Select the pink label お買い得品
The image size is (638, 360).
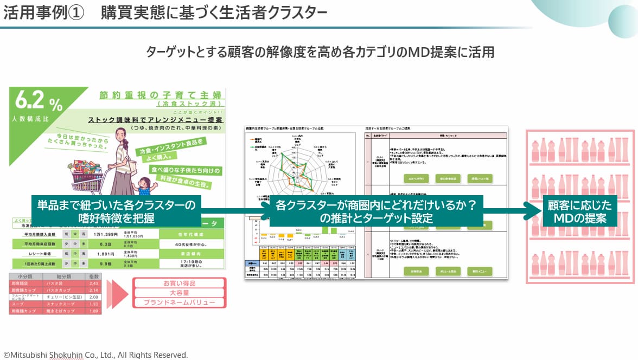(x=179, y=282)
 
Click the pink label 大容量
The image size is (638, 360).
(x=179, y=293)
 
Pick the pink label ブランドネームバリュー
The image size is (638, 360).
(x=179, y=303)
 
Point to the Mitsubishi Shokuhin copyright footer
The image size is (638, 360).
(x=96, y=355)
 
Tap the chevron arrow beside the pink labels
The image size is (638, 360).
(x=116, y=293)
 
